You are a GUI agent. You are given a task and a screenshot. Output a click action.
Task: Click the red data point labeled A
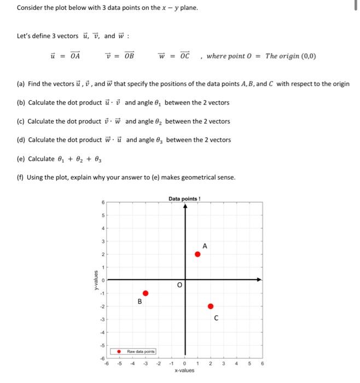coord(198,253)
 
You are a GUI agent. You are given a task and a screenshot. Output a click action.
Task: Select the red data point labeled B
coord(146,293)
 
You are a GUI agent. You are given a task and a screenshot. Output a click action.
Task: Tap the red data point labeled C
coord(211,306)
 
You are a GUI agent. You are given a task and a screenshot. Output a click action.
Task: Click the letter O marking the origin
coord(178,285)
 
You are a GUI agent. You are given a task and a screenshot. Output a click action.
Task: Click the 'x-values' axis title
coord(185,370)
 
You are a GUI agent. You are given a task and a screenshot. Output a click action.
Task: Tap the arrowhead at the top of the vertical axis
coord(185,207)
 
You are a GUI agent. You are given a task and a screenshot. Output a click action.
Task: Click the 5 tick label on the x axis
coord(251,363)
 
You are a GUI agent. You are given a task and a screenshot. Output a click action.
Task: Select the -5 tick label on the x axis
coord(120,363)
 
